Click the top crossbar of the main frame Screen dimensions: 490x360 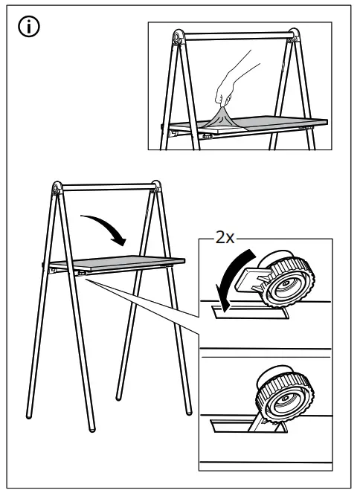click(x=106, y=187)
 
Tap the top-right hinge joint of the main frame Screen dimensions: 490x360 click(x=155, y=187)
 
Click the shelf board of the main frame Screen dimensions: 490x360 click(x=119, y=262)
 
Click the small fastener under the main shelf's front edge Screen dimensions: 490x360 click(x=81, y=274)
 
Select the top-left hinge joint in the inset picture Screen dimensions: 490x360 click(x=177, y=38)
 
